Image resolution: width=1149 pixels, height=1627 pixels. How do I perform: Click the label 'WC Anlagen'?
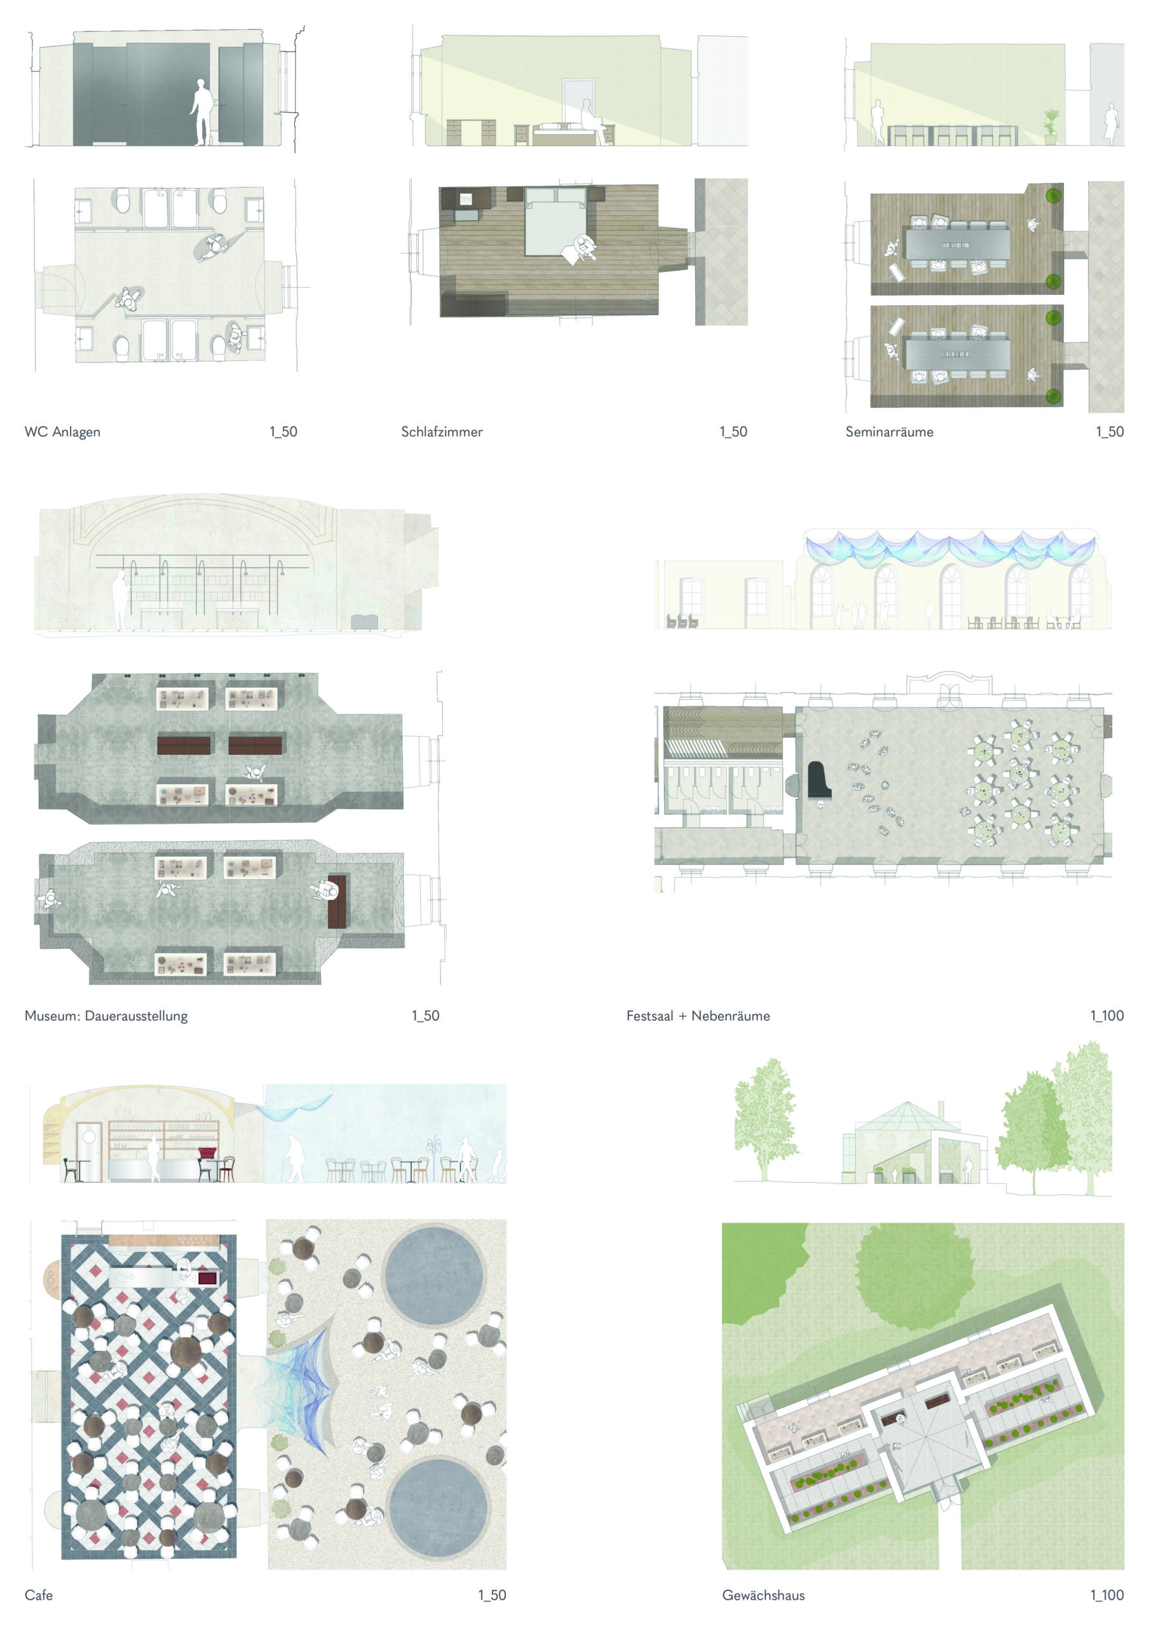tap(62, 432)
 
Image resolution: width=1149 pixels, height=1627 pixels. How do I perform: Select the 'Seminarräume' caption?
tap(889, 432)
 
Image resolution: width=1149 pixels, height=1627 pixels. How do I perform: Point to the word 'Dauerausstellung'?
tap(136, 1016)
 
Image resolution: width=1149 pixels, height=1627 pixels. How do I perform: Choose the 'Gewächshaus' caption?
tap(763, 1595)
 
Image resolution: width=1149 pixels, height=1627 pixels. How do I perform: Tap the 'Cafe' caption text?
tap(38, 1595)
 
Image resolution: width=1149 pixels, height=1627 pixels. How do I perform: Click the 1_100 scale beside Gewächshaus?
tap(1106, 1595)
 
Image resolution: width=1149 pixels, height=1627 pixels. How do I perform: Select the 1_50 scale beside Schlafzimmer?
tap(733, 432)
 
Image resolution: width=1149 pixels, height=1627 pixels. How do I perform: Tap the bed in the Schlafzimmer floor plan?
tap(555, 221)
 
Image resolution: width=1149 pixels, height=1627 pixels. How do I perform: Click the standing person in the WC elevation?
tap(202, 112)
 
